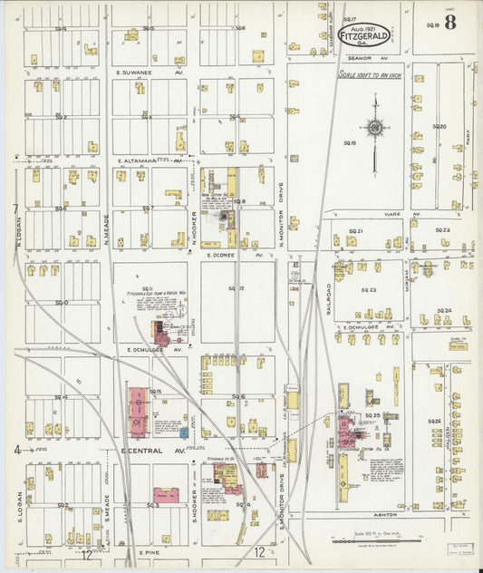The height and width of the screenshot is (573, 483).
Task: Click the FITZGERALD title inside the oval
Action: point(365,36)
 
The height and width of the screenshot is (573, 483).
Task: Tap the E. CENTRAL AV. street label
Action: point(153,450)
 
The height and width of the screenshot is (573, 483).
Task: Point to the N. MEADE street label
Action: point(106,227)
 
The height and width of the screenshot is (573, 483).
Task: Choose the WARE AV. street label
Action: point(393,215)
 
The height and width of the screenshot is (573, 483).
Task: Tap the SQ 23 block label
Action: point(368,290)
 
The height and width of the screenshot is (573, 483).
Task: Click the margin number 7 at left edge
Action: point(15,209)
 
